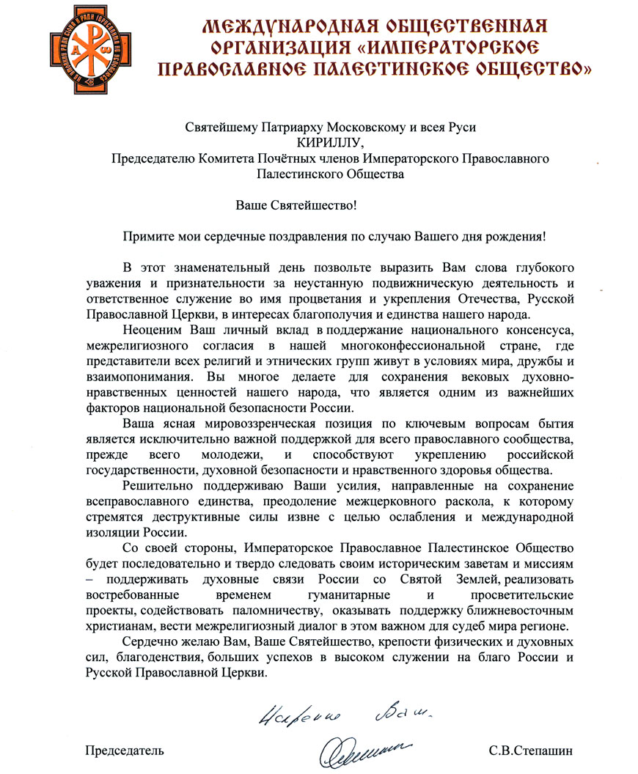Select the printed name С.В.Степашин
[x=525, y=751]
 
